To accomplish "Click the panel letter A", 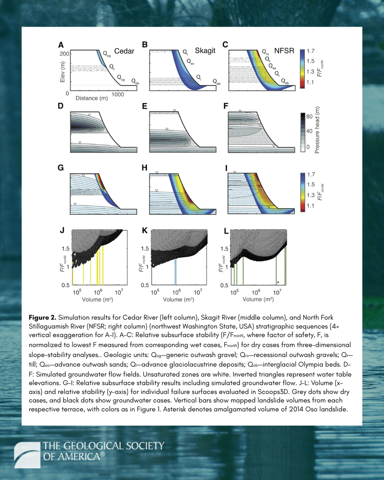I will click(x=61, y=45).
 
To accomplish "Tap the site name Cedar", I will click(x=124, y=52).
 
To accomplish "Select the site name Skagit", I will click(x=205, y=51).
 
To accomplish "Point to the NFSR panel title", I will click(x=284, y=51).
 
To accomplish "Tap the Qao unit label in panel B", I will click(x=191, y=62).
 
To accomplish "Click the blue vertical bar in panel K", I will click(x=176, y=271).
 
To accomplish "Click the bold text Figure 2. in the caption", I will click(x=43, y=317).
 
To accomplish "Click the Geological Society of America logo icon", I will click(x=26, y=455).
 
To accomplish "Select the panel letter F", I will click(x=226, y=107).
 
